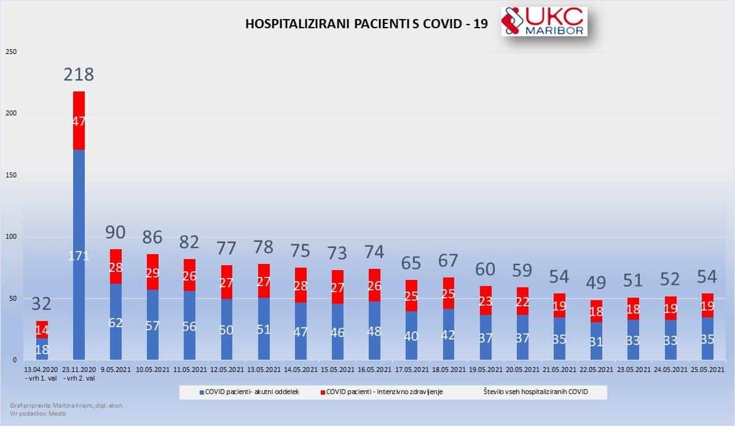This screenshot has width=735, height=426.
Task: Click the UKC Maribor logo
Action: [x=544, y=21]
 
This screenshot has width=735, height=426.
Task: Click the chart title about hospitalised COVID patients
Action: [x=367, y=24]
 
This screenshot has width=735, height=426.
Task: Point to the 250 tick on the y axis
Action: [x=12, y=52]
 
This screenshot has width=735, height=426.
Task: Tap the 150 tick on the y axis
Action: [x=12, y=175]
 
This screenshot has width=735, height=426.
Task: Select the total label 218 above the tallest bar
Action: [x=79, y=75]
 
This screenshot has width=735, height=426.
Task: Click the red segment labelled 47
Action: [x=79, y=121]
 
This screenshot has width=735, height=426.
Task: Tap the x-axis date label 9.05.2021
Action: [x=116, y=370]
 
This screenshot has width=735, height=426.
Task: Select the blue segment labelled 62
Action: [x=116, y=322]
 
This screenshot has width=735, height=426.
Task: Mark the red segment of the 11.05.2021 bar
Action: [x=189, y=276]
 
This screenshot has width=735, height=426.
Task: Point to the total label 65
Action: [x=411, y=263]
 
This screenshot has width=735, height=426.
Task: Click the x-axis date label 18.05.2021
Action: [x=448, y=370]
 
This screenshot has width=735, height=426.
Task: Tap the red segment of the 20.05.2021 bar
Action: [x=522, y=301]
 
